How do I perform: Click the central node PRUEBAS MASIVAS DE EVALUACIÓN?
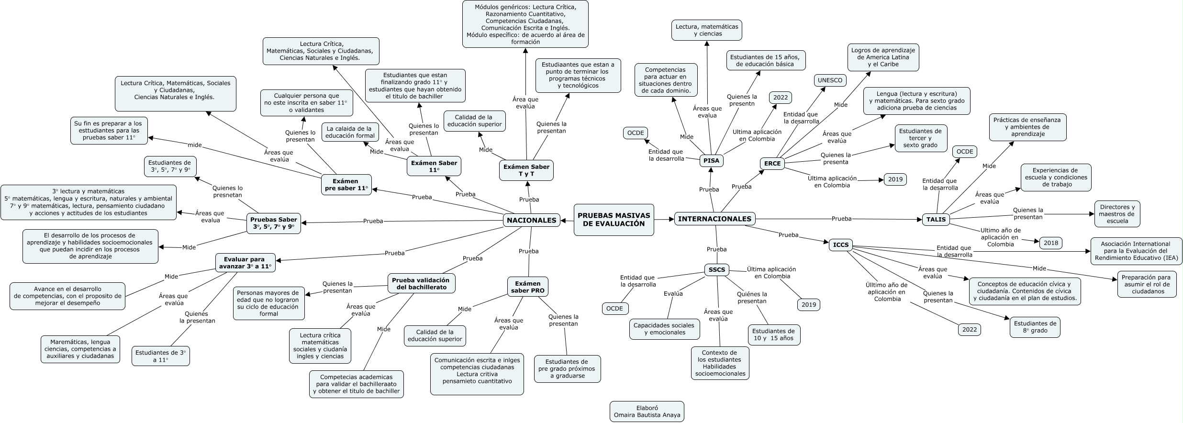click(614, 220)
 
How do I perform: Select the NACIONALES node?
click(531, 220)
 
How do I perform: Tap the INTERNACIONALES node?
click(715, 219)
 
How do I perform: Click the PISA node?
click(711, 161)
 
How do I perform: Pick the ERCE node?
click(772, 164)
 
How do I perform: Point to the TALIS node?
click(936, 220)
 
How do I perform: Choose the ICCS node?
click(841, 245)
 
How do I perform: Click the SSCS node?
click(717, 270)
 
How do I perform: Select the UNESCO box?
click(830, 80)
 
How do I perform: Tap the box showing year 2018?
click(1051, 243)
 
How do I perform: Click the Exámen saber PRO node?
click(527, 287)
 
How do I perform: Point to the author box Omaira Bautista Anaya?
click(640, 412)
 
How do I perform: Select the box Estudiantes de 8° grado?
click(1035, 327)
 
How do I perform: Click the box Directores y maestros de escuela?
click(1117, 214)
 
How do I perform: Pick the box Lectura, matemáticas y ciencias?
click(707, 30)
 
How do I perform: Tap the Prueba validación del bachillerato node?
click(421, 284)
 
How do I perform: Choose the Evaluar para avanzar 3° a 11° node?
click(245, 263)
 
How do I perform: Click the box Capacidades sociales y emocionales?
click(664, 329)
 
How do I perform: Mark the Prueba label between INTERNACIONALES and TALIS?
click(841, 219)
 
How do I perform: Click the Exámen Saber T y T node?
click(526, 170)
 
